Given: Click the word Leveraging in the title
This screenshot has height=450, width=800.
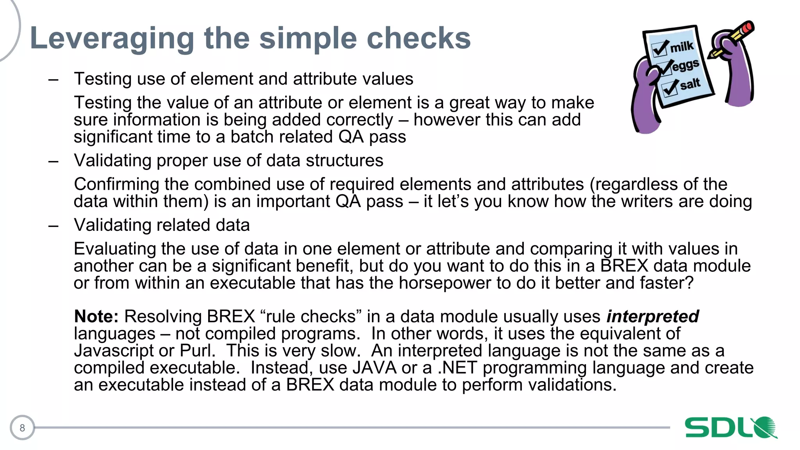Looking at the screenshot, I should point(112,39).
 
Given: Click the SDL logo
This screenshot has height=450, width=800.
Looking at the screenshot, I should point(730,427).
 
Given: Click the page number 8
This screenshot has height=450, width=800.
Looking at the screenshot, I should point(22,428).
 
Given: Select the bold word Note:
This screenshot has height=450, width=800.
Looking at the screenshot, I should point(96,316).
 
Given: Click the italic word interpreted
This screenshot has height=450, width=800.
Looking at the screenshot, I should point(652,316).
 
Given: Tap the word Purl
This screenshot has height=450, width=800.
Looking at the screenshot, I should point(197,350).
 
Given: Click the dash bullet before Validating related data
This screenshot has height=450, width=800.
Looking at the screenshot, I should point(54,225).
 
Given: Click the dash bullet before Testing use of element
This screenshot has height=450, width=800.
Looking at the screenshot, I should point(54,80).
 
